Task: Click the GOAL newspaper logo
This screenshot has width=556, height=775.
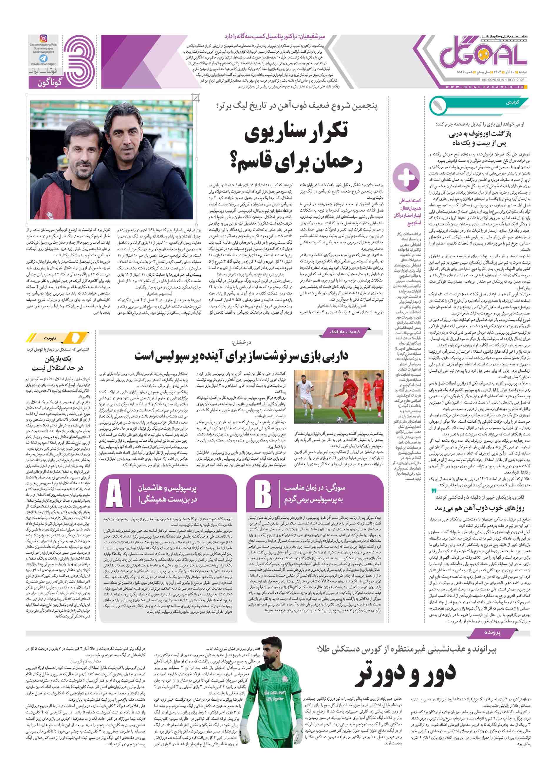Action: click(x=483, y=55)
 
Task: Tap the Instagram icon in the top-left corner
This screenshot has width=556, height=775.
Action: click(x=44, y=39)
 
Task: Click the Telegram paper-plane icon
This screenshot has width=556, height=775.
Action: click(x=43, y=58)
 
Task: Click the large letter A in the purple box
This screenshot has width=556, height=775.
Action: click(x=114, y=493)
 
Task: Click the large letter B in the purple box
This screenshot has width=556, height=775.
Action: click(x=263, y=493)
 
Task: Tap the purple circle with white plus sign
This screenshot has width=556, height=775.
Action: click(x=406, y=177)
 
